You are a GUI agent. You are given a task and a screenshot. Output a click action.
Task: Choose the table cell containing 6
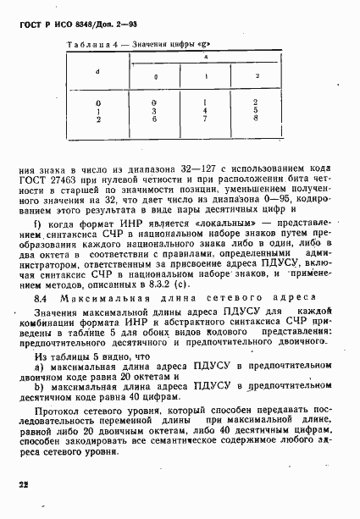(x=155, y=119)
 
